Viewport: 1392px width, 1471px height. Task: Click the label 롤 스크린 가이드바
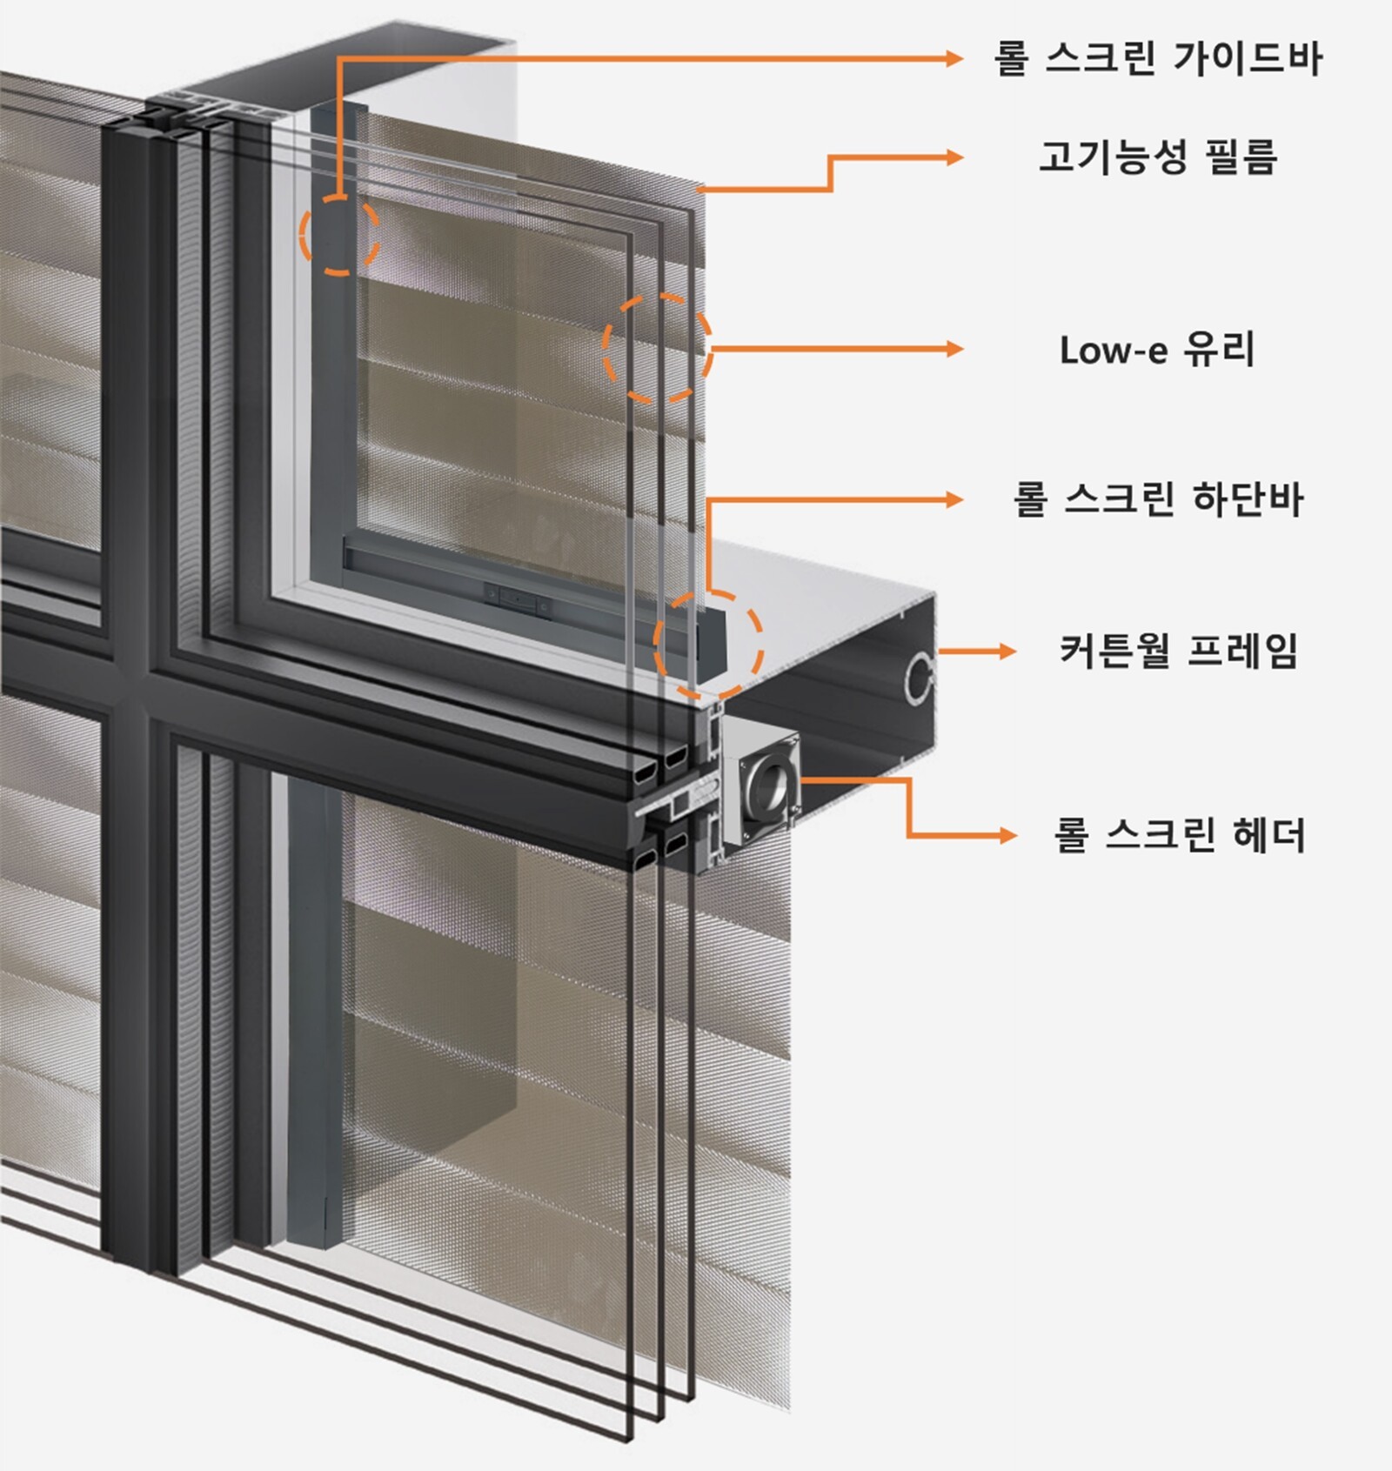[1158, 58]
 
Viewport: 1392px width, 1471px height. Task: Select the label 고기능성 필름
[1158, 157]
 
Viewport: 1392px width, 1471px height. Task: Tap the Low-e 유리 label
[1158, 350]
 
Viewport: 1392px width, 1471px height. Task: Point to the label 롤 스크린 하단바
[1158, 499]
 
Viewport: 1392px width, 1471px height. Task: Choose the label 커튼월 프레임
[1179, 651]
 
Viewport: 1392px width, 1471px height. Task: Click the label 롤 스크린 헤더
[1179, 835]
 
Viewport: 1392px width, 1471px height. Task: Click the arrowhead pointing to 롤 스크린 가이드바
[955, 58]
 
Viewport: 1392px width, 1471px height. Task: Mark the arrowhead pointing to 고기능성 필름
[955, 157]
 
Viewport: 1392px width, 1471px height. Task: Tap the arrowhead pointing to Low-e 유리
[955, 349]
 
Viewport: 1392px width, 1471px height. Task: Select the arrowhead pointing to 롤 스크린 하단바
[955, 499]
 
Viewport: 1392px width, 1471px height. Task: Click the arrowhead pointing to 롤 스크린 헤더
[1007, 835]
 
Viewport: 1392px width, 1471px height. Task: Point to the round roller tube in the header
[769, 779]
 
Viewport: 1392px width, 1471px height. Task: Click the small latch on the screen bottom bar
[514, 598]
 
